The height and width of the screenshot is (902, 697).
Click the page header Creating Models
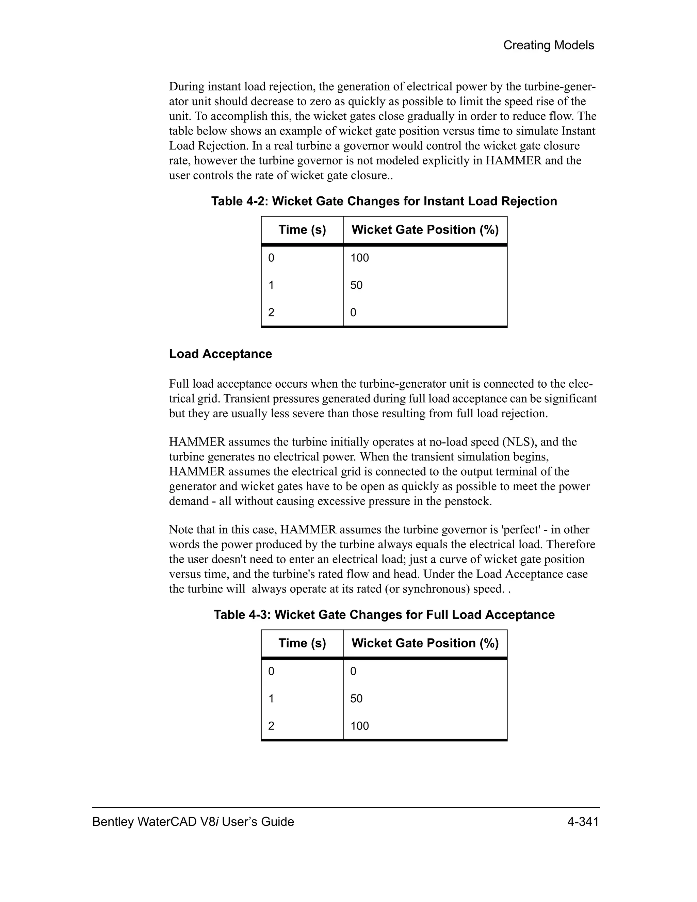point(548,45)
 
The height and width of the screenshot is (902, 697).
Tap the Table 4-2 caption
point(384,201)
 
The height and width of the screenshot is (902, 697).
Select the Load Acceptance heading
point(221,354)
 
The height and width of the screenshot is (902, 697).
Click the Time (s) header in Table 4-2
point(302,230)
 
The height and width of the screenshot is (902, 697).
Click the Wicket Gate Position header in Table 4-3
point(425,643)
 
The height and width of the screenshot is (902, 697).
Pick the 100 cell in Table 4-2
point(360,258)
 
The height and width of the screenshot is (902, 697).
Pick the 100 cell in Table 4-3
point(360,726)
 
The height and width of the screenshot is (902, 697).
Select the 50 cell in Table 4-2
point(356,285)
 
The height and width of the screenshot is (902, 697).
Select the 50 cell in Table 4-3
point(356,698)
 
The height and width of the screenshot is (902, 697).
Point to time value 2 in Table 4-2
point(271,313)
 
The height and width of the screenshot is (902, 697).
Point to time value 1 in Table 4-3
point(271,698)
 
